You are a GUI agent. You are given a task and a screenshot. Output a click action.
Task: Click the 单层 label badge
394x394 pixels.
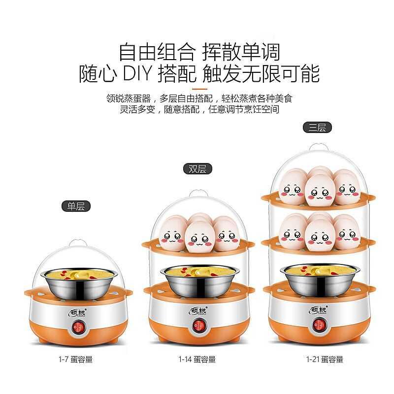click(76, 206)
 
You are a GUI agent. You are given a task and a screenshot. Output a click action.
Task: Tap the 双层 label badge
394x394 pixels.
click(197, 169)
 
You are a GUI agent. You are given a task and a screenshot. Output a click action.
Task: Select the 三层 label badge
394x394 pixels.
click(317, 128)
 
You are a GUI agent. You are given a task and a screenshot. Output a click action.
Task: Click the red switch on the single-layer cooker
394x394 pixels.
click(77, 328)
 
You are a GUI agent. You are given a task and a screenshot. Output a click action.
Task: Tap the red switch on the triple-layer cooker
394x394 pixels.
click(319, 325)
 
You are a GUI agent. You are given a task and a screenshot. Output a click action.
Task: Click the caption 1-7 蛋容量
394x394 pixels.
click(76, 360)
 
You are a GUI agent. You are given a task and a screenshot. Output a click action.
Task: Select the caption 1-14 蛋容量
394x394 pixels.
click(197, 360)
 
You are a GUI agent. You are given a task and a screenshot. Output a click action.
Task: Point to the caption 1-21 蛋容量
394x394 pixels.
click(325, 360)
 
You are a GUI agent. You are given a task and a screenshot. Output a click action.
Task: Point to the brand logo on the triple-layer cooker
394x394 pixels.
click(318, 310)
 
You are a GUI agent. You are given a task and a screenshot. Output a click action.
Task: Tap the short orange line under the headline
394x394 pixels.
click(200, 89)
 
